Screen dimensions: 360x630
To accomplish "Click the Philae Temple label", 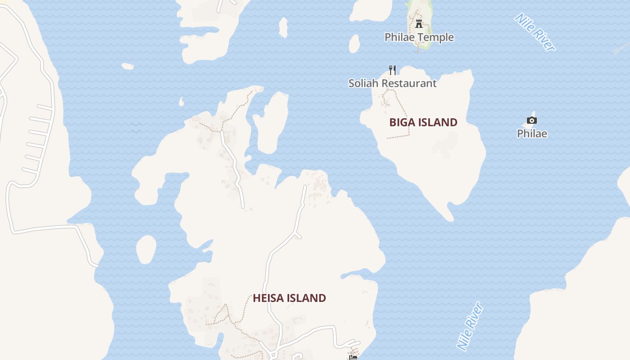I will coord(419,37).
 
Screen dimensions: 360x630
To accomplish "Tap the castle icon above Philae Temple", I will coord(419,23).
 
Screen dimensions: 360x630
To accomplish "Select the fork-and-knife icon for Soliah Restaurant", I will coord(392,70).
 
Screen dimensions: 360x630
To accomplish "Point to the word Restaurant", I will coord(409,83).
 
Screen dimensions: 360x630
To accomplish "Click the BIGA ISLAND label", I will coord(423,122).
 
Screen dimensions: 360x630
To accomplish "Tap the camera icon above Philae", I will coord(532,120).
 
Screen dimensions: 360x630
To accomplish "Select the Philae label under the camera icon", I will coord(532,134).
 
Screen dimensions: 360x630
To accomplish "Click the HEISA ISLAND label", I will coord(289,298).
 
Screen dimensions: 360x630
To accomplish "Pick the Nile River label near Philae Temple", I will coord(535,32).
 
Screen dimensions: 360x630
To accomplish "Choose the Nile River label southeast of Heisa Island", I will coord(470,326).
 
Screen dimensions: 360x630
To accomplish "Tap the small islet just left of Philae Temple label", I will coord(354,44).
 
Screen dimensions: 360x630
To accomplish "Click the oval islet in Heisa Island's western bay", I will coord(146,249).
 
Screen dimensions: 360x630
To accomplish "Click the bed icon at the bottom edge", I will coord(353,357).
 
